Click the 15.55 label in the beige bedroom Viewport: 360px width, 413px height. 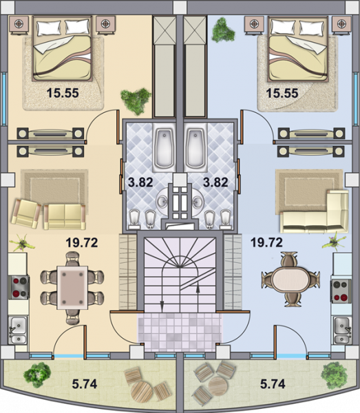pyautogui.click(x=63, y=93)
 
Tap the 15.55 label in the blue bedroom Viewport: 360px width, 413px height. pyautogui.click(x=282, y=93)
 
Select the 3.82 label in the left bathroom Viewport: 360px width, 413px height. pyautogui.click(x=140, y=182)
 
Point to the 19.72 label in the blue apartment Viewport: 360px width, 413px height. pyautogui.click(x=266, y=242)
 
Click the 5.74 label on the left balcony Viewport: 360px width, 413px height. pyautogui.click(x=85, y=384)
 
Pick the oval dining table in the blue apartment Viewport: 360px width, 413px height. pyautogui.click(x=290, y=279)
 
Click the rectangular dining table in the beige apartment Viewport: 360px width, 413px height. pyautogui.click(x=72, y=287)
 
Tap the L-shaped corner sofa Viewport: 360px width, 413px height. pyautogui.click(x=314, y=212)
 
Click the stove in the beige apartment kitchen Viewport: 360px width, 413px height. pyautogui.click(x=19, y=287)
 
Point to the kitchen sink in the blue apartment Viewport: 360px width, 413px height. pyautogui.click(x=343, y=330)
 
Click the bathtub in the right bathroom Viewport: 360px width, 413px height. pyautogui.click(x=195, y=148)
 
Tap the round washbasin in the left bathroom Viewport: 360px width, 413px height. pyautogui.click(x=163, y=202)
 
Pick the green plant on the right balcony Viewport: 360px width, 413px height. pyautogui.click(x=334, y=375)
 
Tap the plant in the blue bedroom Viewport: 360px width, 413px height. pyautogui.click(x=223, y=30)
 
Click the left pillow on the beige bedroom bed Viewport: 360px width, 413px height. pyautogui.click(x=49, y=28)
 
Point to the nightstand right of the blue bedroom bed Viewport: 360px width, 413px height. pyautogui.click(x=341, y=25)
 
